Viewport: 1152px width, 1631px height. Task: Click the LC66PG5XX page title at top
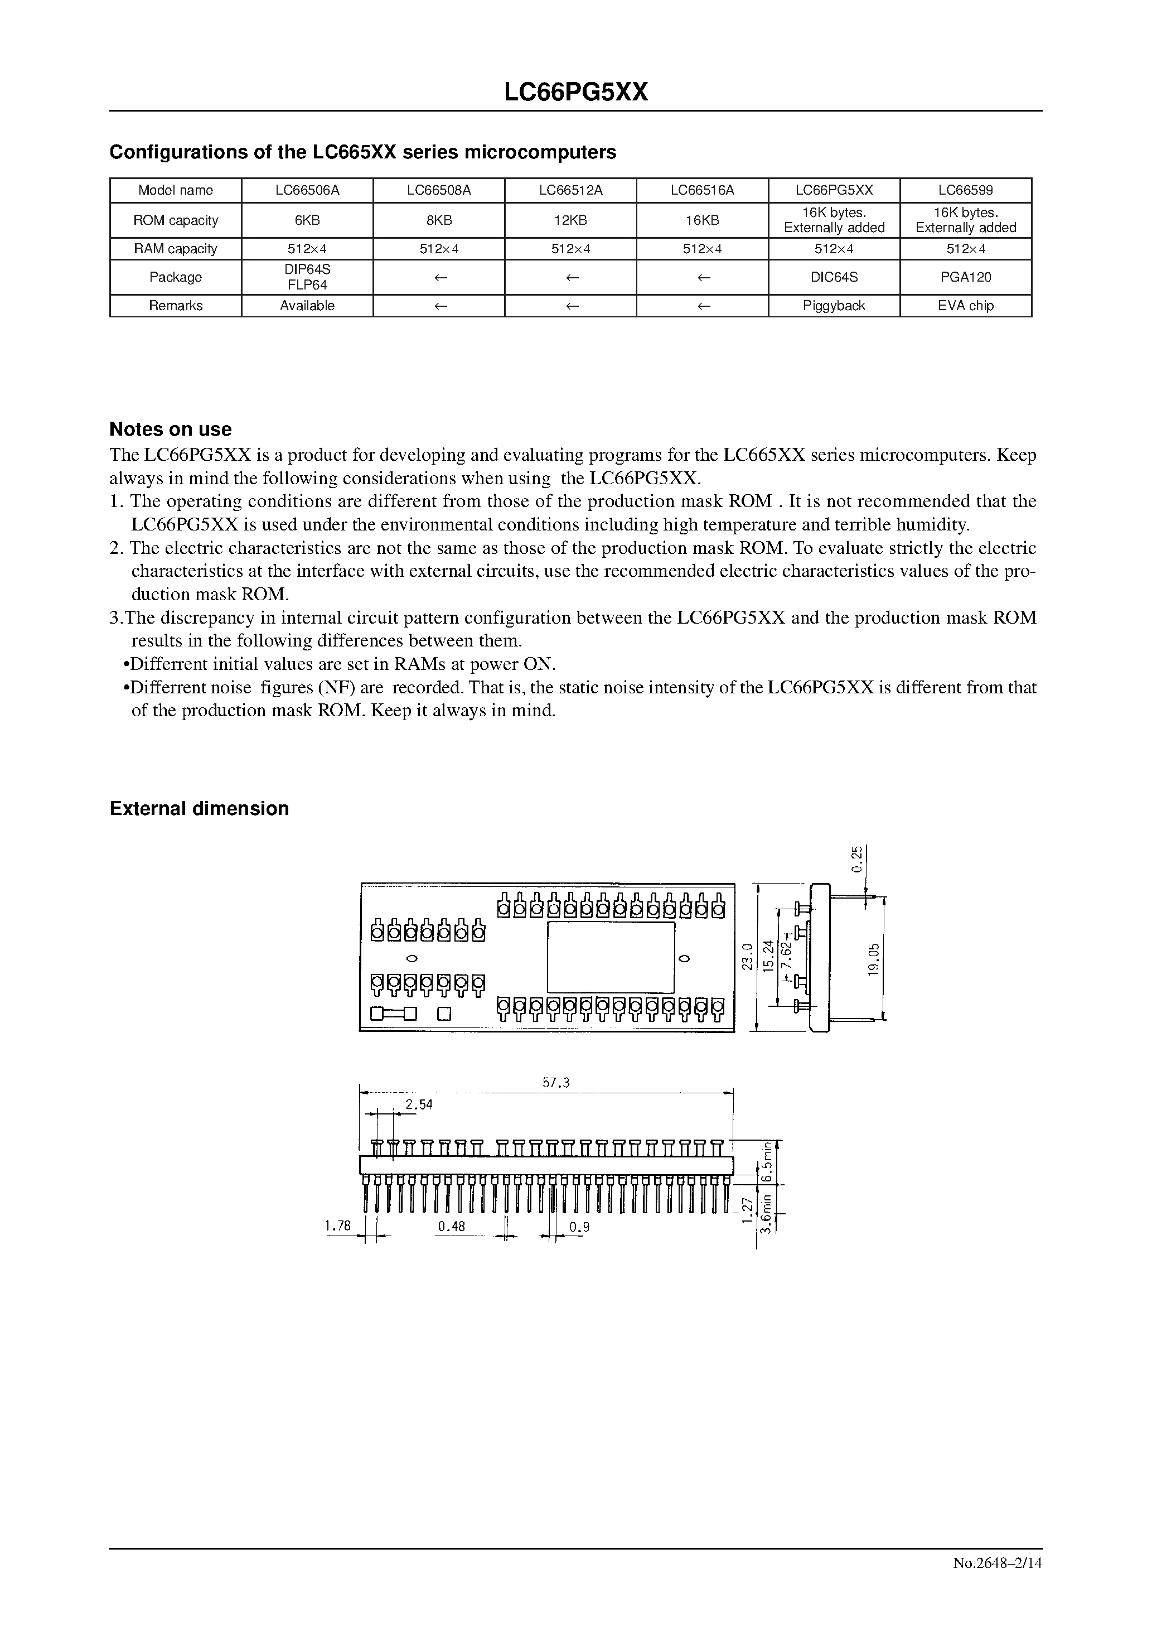[x=575, y=93]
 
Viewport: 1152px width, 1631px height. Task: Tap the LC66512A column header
[x=570, y=190]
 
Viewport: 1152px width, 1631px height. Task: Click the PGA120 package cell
[x=965, y=277]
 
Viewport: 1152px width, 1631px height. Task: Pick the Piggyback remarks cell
[x=834, y=306]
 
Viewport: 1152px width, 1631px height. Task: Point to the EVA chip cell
[x=965, y=306]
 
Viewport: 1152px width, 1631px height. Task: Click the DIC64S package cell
[x=834, y=277]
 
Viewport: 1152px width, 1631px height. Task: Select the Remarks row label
[x=176, y=306]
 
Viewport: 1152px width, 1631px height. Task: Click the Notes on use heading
[x=171, y=429]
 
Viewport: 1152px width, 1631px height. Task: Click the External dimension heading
[x=199, y=808]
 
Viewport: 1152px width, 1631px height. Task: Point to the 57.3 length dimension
[x=556, y=1083]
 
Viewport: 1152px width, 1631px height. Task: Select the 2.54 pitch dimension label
[x=418, y=1104]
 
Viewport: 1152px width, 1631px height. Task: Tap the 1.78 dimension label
[x=337, y=1225]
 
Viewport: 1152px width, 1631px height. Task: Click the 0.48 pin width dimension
[x=451, y=1226]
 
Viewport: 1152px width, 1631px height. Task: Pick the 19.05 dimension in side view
[x=874, y=958]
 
